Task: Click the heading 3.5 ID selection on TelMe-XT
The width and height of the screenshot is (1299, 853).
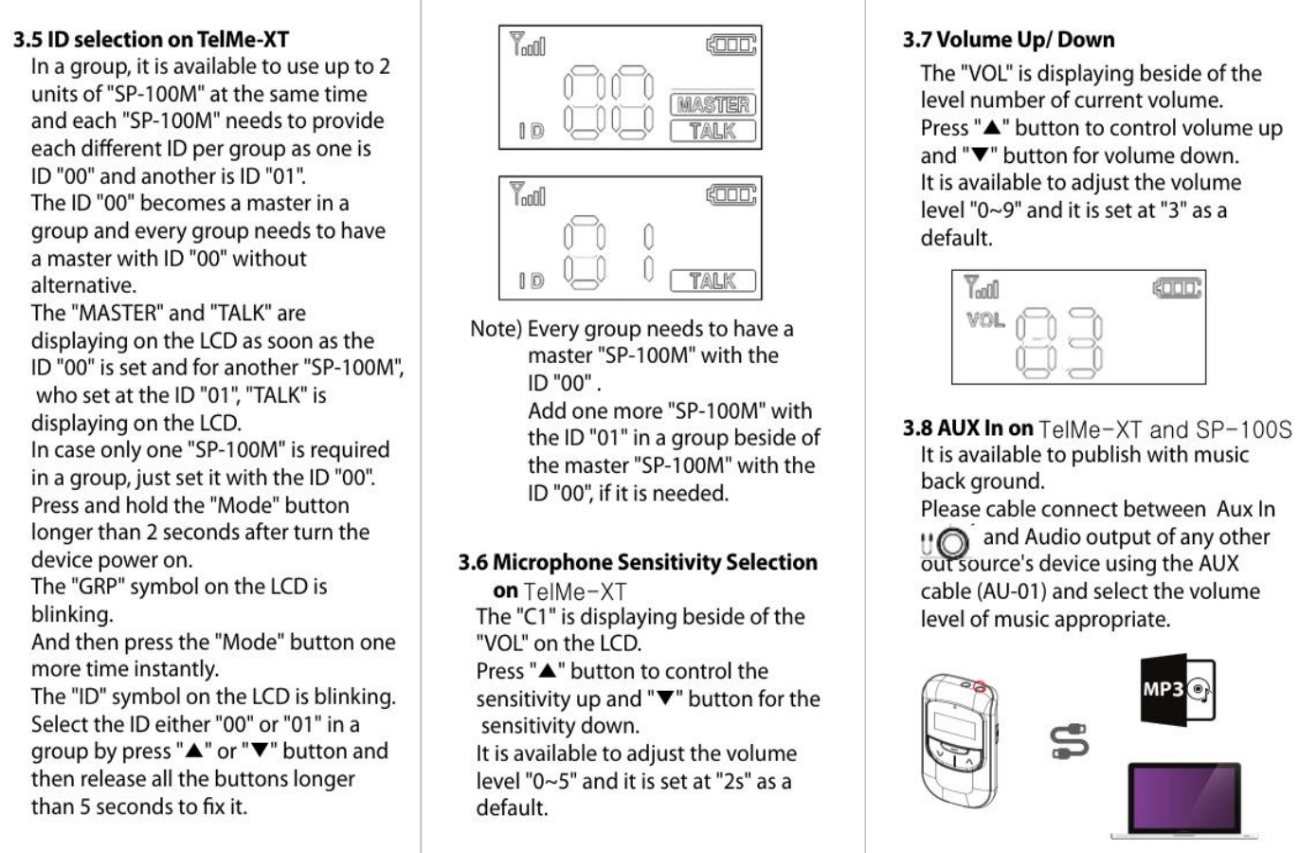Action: point(151,40)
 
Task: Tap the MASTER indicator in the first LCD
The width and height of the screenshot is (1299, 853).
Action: point(713,104)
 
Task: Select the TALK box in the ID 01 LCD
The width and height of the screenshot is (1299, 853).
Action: point(713,281)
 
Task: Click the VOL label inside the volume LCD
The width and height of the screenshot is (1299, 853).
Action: point(985,320)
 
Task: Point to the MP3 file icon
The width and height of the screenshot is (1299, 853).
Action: point(1176,691)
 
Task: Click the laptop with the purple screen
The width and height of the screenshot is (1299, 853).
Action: point(1184,799)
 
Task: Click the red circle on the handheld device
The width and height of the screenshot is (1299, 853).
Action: point(980,685)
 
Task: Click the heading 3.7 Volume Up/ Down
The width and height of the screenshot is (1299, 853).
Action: point(1008,40)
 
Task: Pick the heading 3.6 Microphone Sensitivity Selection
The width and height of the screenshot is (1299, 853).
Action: point(638,562)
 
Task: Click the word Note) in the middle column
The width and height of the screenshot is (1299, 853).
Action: point(496,329)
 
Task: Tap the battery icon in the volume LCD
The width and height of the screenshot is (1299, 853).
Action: point(1176,286)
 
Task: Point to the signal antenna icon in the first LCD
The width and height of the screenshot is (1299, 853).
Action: point(527,44)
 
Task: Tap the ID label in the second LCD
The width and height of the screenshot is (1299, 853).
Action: point(532,281)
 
